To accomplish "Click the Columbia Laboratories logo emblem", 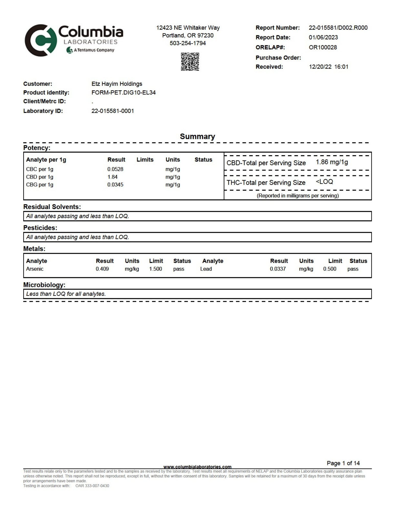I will (x=40, y=40).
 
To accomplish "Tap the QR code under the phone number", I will (x=190, y=62).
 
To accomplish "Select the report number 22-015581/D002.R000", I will (x=338, y=28).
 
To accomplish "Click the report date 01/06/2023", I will (x=323, y=37).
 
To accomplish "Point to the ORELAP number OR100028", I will (x=323, y=47).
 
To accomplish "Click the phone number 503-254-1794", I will (x=188, y=43).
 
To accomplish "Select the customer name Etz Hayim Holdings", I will (x=117, y=84).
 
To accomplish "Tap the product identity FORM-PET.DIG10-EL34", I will (x=123, y=92).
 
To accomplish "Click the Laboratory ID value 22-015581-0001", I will (x=112, y=111).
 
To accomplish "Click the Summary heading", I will (x=197, y=136).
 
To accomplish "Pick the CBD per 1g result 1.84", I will (x=112, y=177).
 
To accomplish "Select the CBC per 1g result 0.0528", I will (x=115, y=169).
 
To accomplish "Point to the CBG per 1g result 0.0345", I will (x=115, y=184).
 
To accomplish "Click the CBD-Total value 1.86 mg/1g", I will (x=332, y=162).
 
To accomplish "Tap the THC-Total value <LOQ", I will (x=324, y=182).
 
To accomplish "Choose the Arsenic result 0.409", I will (x=102, y=269).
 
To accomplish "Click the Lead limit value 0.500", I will (x=330, y=269).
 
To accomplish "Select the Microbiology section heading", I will (x=44, y=285).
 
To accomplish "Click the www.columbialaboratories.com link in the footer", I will (x=197, y=467).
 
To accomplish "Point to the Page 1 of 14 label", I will (x=343, y=463).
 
